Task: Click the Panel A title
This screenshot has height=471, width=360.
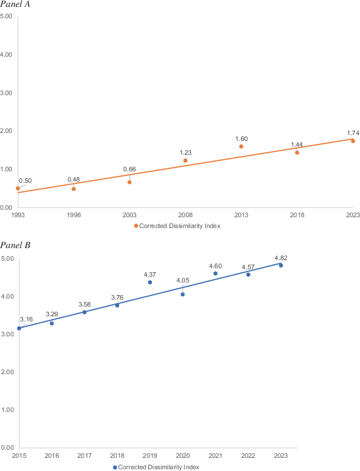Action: [15, 5]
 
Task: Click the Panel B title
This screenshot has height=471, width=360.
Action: [15, 246]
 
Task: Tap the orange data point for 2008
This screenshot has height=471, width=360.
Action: [185, 160]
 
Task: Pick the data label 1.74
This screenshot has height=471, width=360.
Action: [353, 133]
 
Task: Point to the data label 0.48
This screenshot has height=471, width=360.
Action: [73, 179]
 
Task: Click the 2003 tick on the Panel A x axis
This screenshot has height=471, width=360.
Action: [130, 215]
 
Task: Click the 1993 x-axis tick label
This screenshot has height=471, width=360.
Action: [18, 215]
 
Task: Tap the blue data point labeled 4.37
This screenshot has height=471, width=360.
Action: [150, 282]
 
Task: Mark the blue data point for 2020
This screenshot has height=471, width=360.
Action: [183, 294]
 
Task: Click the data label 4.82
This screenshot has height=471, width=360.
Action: [281, 257]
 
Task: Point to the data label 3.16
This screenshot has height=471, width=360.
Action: [26, 319]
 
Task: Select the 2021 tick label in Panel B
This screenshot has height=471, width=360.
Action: [216, 455]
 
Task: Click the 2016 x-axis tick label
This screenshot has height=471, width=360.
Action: [52, 455]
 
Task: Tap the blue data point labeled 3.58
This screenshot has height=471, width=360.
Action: [84, 312]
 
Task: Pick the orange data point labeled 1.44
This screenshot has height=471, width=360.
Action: [297, 152]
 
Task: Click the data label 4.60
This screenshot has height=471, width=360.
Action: [216, 265]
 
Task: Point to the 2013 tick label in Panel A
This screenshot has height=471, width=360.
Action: [241, 215]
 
